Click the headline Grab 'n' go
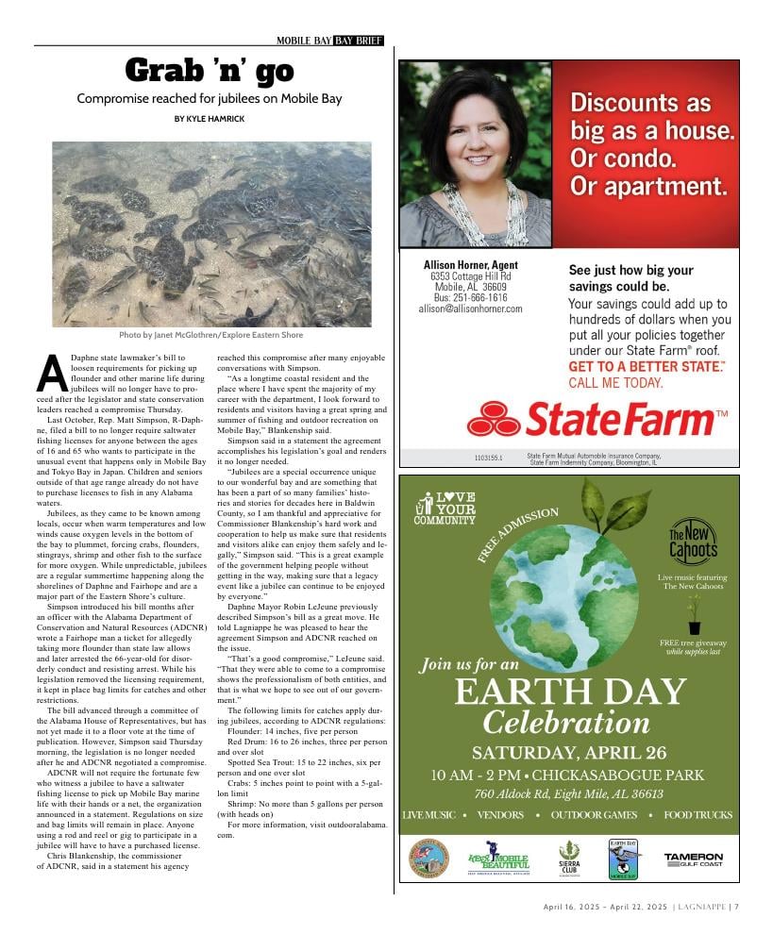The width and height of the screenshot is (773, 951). pos(210,71)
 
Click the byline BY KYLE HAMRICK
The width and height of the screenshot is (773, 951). pos(210,118)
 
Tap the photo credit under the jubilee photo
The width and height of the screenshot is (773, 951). pos(210,335)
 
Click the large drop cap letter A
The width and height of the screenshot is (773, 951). pos(51,374)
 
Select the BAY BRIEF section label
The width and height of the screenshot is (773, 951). pos(358,41)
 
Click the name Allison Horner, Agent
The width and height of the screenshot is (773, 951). pos(470,265)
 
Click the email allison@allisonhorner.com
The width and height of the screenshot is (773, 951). pos(470,309)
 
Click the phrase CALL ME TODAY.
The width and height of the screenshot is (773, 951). pos(615,383)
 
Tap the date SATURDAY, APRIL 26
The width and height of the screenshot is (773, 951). pos(569,753)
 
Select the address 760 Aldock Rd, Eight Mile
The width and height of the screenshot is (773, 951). pos(569,793)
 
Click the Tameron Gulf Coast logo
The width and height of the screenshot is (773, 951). pos(693,859)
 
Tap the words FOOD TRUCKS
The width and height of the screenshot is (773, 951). pos(697,814)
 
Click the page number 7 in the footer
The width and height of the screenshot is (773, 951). pos(736,907)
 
